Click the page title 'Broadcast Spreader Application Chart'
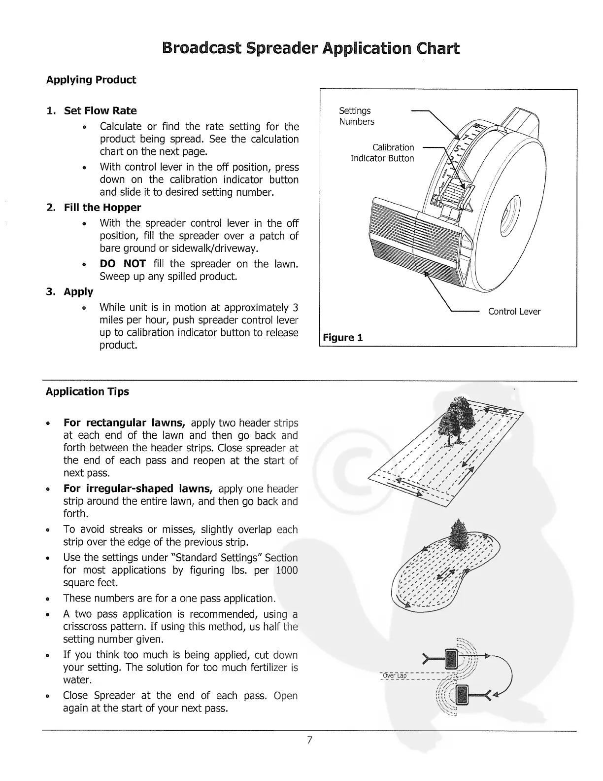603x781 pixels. pos(310,49)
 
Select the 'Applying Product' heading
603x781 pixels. pos(91,80)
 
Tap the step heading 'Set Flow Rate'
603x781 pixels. pos(100,110)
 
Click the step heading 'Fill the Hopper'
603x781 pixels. pos(102,208)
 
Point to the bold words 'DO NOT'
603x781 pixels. pos(122,264)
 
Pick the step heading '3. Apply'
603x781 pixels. pos(69,292)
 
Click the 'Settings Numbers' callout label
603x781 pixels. pos(356,116)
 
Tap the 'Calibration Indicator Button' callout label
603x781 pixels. pos(382,153)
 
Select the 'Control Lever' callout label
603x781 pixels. pos(514,312)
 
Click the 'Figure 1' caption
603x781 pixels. pos(343,338)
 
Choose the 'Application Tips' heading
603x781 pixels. pos(87,391)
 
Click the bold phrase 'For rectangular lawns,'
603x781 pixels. pos(124,423)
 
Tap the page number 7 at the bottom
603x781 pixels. pos(309,740)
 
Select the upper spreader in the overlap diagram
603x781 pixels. pos(452,657)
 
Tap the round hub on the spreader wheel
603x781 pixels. pos(509,216)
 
